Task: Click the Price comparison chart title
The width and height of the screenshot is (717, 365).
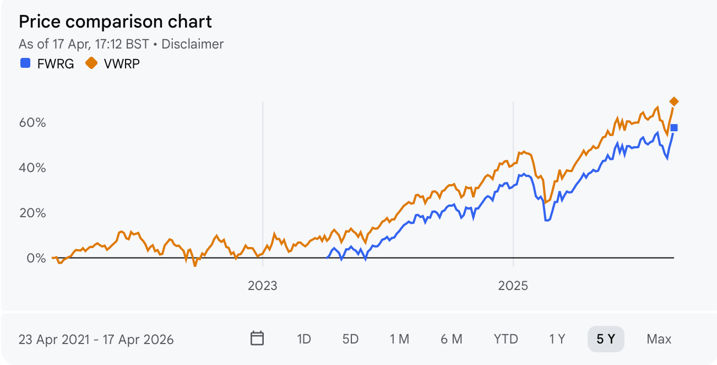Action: pos(115,22)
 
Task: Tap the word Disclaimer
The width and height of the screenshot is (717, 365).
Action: pos(192,44)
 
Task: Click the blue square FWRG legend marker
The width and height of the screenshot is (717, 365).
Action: pos(25,63)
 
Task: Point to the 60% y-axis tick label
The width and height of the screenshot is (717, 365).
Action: pos(32,122)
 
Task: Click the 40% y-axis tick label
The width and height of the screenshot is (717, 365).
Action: pos(32,168)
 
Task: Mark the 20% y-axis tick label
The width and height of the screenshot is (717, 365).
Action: pos(32,213)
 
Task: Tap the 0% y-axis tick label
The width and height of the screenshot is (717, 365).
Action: pos(36,258)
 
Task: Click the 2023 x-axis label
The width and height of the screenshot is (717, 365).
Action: pos(263,286)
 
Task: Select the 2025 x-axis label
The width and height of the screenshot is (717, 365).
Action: pos(513,286)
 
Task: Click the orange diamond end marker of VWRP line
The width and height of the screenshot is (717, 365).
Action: pos(673,101)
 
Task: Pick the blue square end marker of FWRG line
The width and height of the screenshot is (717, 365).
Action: pos(673,128)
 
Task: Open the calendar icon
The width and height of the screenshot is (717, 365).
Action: pos(257,339)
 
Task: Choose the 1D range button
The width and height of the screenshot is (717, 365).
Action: pos(304,339)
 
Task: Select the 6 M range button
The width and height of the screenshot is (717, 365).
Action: pos(452,339)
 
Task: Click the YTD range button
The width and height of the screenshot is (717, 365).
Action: pos(506,339)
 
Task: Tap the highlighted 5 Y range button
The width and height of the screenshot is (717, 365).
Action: pos(606,339)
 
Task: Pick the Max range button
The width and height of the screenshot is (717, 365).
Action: pos(659,339)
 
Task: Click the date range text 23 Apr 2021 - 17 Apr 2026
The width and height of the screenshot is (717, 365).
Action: pos(96,339)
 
